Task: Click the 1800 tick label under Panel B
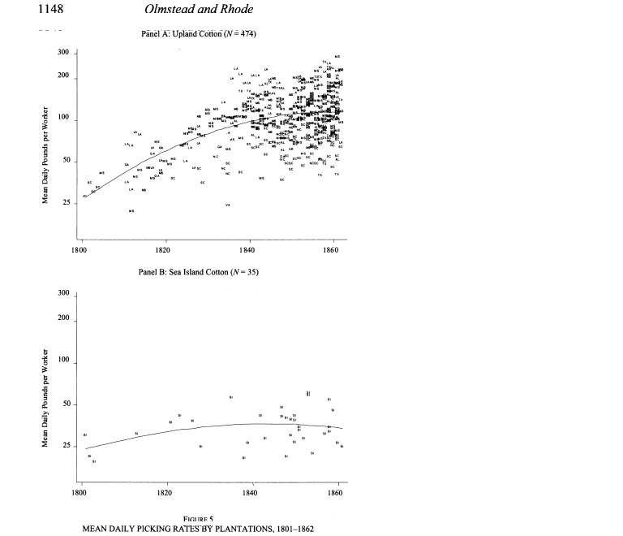(80, 492)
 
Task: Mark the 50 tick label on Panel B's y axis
(65, 404)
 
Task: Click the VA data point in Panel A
(228, 205)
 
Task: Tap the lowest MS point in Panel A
(131, 211)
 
